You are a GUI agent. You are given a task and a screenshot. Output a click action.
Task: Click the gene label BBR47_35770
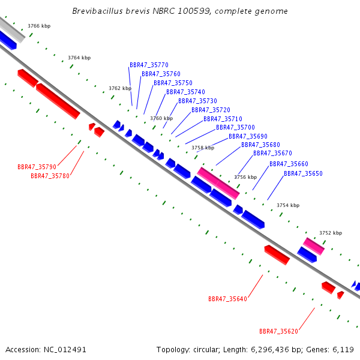[149, 65]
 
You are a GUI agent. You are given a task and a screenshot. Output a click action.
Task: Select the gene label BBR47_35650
[303, 173]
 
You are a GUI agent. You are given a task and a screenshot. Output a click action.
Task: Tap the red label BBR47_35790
[37, 167]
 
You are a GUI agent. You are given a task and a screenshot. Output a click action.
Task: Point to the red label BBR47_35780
[50, 176]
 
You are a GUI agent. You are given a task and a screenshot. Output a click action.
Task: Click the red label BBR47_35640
[227, 299]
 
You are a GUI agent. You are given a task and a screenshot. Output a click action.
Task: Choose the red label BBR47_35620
[278, 331]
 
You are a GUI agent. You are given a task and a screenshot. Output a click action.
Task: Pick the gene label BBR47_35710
[223, 119]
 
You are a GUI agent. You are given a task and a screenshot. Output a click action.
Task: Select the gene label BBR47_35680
[260, 145]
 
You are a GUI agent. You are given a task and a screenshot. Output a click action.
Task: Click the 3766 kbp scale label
[39, 26]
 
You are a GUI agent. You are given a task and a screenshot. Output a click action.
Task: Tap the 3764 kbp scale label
[79, 58]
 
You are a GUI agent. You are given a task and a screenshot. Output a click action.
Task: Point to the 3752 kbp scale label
[331, 233]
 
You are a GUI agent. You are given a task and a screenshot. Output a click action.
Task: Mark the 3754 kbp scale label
[288, 205]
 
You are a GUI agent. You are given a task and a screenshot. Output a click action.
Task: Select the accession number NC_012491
[65, 350]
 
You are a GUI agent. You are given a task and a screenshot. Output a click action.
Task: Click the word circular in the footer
[206, 350]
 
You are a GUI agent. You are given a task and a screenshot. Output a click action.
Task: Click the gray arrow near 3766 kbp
[11, 29]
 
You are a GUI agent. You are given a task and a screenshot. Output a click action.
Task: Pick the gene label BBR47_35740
[185, 92]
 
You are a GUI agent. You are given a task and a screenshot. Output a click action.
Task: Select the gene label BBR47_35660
[289, 164]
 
